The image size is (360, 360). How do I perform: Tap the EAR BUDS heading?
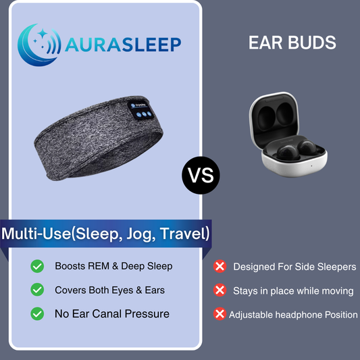pyautogui.click(x=292, y=43)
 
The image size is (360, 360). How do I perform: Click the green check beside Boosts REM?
pyautogui.click(x=38, y=266)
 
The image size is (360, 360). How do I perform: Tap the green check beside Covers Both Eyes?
pyautogui.click(x=38, y=290)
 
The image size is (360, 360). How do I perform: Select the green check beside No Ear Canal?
pyautogui.click(x=38, y=313)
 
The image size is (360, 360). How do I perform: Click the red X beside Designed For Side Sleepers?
pyautogui.click(x=220, y=267)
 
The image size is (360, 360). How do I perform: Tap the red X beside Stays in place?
pyautogui.click(x=220, y=290)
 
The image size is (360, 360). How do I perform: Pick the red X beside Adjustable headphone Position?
pyautogui.click(x=220, y=314)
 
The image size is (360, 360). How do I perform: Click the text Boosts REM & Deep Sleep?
pyautogui.click(x=113, y=266)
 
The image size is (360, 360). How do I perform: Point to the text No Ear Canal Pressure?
pyautogui.click(x=112, y=313)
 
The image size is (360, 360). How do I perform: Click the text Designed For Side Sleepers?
pyautogui.click(x=294, y=267)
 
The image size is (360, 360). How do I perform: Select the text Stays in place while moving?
pyautogui.click(x=293, y=290)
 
